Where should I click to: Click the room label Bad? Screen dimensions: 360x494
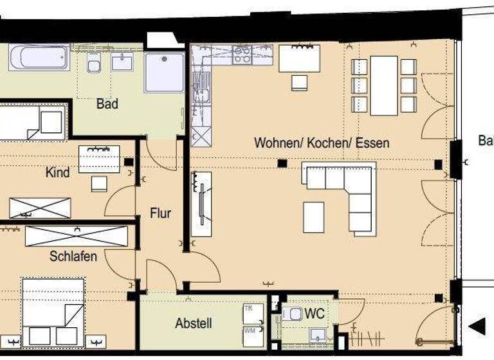(x=107, y=104)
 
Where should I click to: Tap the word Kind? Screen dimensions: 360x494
(x=58, y=173)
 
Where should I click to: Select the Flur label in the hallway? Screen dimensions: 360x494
(x=161, y=213)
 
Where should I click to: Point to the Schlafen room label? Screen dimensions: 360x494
(x=73, y=256)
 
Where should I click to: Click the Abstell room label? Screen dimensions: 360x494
(x=194, y=323)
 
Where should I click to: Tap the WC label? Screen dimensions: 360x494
(x=315, y=314)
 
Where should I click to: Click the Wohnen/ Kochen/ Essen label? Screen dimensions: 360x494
(x=322, y=143)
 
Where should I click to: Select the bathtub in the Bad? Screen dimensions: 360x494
(x=39, y=58)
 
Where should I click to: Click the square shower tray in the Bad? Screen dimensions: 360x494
(x=164, y=72)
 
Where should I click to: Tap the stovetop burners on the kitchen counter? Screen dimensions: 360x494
(x=242, y=54)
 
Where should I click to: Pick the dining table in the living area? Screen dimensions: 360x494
(x=384, y=85)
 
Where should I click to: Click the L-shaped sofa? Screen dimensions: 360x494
(x=347, y=193)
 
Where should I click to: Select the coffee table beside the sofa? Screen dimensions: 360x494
(x=314, y=217)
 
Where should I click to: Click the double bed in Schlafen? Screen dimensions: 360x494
(x=53, y=312)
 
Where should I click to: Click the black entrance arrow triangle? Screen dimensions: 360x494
(x=477, y=327)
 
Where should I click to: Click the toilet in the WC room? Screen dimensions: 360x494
(x=293, y=314)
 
